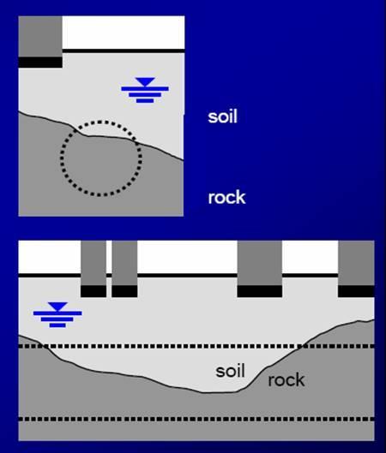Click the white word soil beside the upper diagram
tap(222, 116)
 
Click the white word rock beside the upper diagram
tap(226, 198)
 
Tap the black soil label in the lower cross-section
tap(231, 371)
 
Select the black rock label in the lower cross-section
tap(286, 379)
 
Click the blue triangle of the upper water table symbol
tap(145, 81)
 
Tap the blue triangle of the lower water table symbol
tap(57, 307)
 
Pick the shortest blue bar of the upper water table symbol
tap(145, 100)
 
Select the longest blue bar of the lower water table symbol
tap(57, 313)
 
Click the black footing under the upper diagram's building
tap(40, 63)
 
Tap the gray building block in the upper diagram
tap(40, 37)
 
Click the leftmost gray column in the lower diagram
tap(93, 263)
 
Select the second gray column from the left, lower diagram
tap(124, 263)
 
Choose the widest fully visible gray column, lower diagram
tap(260, 263)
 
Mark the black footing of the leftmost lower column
tap(93, 291)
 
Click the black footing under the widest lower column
tap(260, 291)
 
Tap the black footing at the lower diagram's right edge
tap(356, 291)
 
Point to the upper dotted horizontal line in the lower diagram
tap(196, 346)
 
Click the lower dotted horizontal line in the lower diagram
tap(196, 419)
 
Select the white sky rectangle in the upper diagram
tap(124, 33)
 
